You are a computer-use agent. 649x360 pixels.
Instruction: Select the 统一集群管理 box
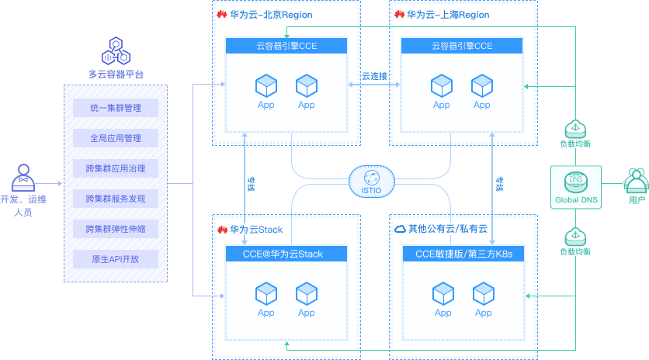(x=115, y=108)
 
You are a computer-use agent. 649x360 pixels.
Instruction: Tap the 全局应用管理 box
(x=115, y=138)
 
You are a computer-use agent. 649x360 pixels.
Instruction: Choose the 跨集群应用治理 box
(x=115, y=168)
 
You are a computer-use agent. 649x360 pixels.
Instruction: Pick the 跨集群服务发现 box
(x=115, y=199)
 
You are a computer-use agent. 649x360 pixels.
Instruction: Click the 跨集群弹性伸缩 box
(x=115, y=229)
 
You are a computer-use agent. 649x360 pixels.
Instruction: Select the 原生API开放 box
(x=115, y=259)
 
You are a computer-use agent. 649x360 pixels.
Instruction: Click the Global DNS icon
(x=575, y=182)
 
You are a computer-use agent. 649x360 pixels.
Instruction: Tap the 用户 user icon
(x=636, y=181)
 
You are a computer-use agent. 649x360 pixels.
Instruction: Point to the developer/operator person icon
(x=23, y=178)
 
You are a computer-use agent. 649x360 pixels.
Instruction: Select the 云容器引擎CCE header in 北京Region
(x=286, y=47)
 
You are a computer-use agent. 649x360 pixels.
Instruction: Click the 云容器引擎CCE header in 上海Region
(x=462, y=47)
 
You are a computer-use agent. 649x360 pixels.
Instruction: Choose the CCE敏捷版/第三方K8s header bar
(x=463, y=254)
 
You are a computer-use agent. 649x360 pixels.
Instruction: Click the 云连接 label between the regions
(x=374, y=76)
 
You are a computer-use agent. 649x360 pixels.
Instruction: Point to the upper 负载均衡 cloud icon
(x=575, y=127)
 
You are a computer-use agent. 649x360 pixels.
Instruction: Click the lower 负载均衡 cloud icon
(x=575, y=235)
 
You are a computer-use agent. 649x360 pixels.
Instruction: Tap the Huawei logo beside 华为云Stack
(x=222, y=230)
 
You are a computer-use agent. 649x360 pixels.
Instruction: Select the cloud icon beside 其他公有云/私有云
(x=400, y=229)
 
